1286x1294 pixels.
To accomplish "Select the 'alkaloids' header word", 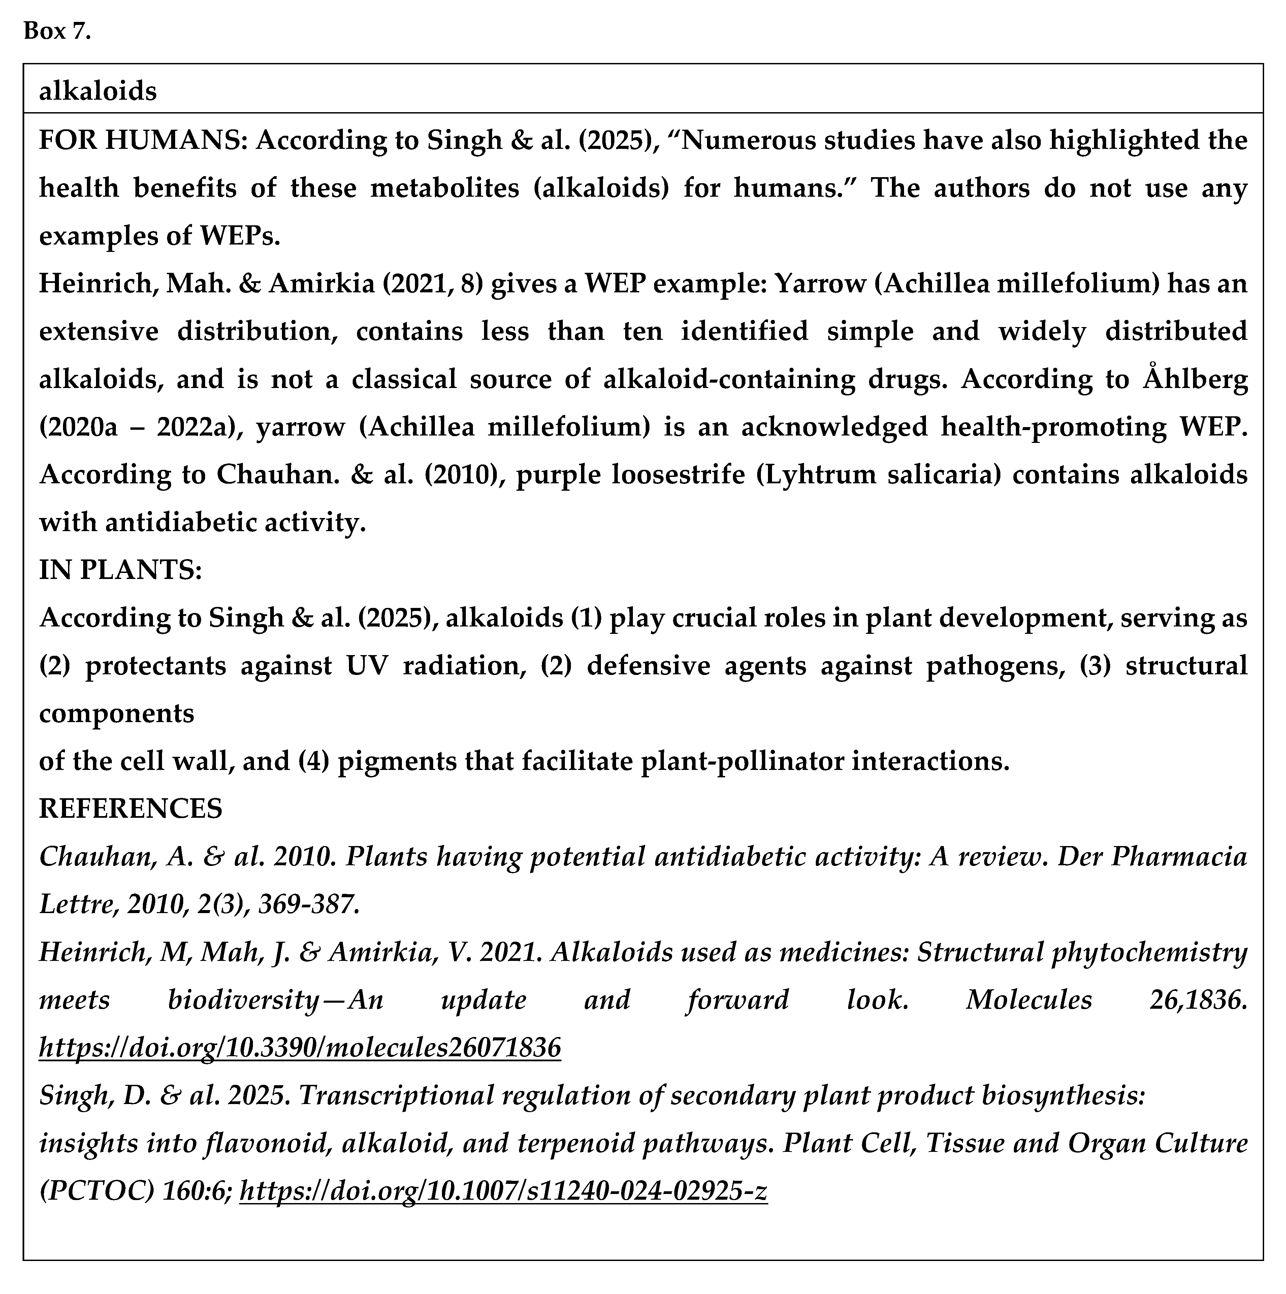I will point(98,91).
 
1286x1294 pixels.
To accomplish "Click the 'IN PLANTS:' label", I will point(121,570).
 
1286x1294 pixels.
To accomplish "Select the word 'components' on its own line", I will point(117,713).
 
